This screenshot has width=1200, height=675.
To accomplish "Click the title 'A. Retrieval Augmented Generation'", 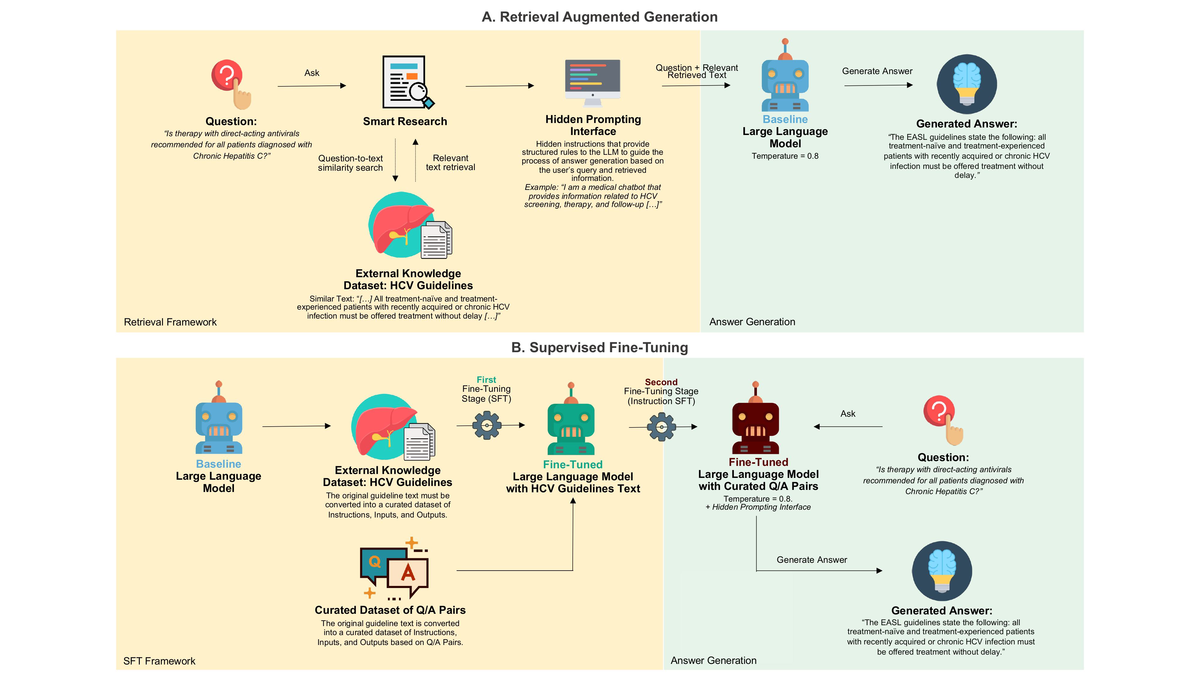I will [x=599, y=17].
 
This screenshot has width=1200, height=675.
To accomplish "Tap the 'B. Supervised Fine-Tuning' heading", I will [x=599, y=347].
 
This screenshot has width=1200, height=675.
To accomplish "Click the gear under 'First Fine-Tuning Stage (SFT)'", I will [x=487, y=425].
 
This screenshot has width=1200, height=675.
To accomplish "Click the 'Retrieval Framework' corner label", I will [x=170, y=322].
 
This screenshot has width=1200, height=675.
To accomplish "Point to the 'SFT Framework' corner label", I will [x=159, y=661].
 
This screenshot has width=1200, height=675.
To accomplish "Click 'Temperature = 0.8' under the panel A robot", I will [x=785, y=156].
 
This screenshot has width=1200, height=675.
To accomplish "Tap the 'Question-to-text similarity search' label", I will [x=350, y=163].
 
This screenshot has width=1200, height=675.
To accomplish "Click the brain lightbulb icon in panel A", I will [x=967, y=84].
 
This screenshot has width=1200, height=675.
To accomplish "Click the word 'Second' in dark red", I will [x=661, y=382].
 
